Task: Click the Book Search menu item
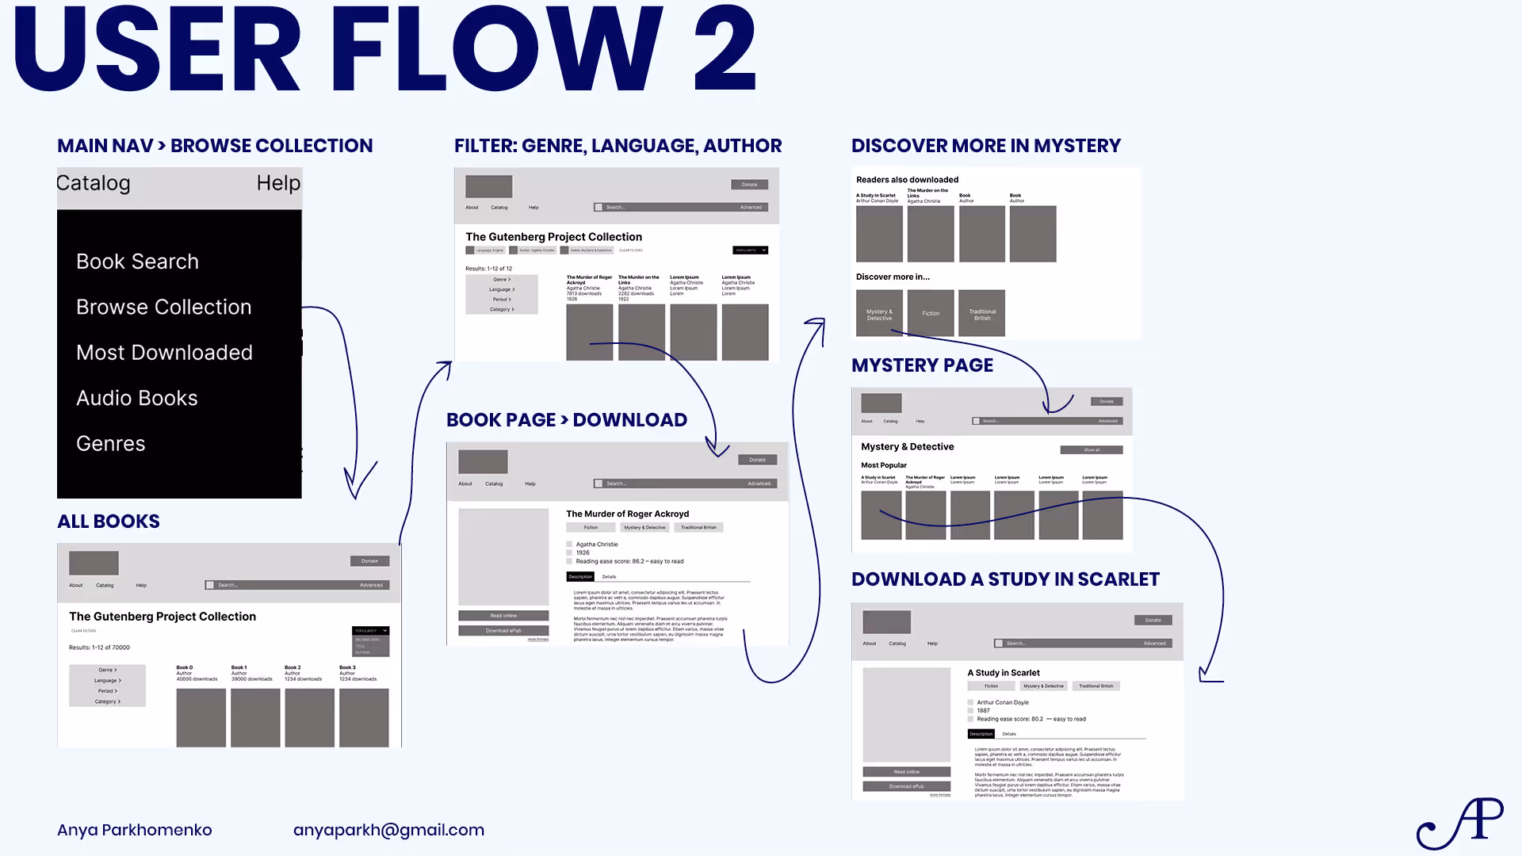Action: [x=137, y=262]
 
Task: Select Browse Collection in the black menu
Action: [x=163, y=307]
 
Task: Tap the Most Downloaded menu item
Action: [x=164, y=353]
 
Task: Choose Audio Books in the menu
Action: [x=136, y=398]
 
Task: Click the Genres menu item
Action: [x=110, y=443]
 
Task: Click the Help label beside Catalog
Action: [x=278, y=183]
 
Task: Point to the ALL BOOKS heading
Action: [x=109, y=522]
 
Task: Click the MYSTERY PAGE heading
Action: [x=922, y=365]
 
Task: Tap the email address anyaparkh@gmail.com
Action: [x=388, y=830]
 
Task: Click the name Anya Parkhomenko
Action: [x=134, y=830]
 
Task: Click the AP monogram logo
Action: [x=1460, y=824]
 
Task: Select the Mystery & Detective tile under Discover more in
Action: [x=879, y=314]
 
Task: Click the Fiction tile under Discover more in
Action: [x=931, y=314]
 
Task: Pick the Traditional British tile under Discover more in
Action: [x=982, y=314]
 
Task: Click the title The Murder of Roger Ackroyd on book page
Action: [x=627, y=514]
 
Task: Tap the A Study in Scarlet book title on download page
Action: [x=1003, y=673]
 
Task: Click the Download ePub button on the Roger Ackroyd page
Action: [x=503, y=631]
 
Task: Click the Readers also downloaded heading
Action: [x=907, y=180]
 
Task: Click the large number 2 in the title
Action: [x=725, y=49]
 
